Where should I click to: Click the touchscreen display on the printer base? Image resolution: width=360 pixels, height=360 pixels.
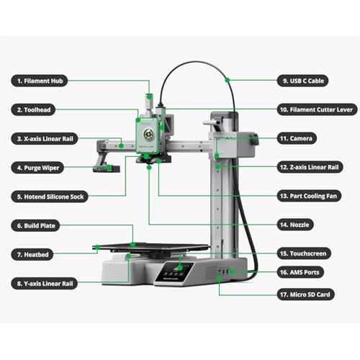[176, 271]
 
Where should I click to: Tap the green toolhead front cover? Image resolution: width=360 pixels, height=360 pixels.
[148, 132]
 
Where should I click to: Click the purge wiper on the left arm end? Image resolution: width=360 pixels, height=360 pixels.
[104, 168]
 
